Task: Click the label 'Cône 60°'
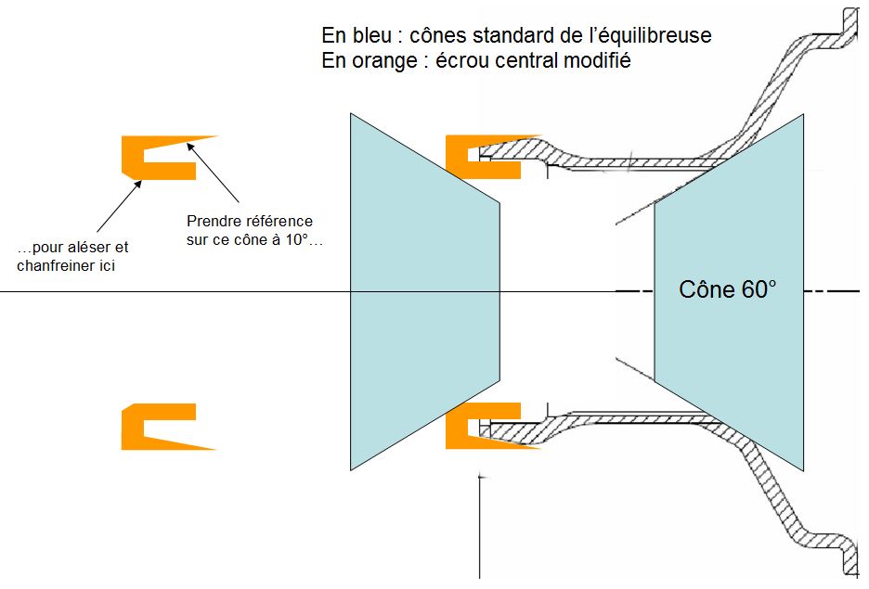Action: [x=727, y=288]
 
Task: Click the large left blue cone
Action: [x=422, y=292]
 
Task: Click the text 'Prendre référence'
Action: [x=250, y=221]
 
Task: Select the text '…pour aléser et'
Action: [x=73, y=248]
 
